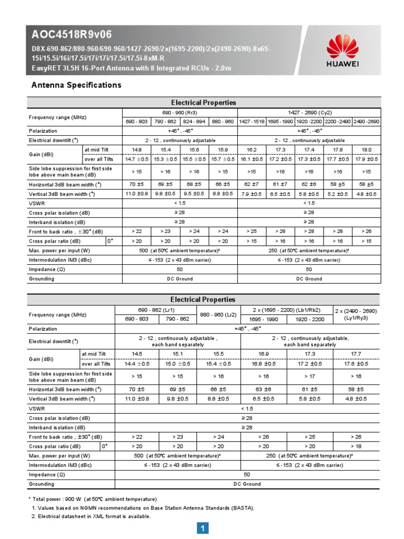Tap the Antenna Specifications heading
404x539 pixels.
(x=76, y=85)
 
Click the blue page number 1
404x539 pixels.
(x=203, y=528)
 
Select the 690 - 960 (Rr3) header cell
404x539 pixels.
(x=180, y=113)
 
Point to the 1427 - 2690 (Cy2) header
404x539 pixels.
(x=309, y=113)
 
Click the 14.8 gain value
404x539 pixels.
(x=137, y=149)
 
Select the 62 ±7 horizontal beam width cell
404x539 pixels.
(x=251, y=184)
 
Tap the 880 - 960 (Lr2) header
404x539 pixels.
(x=218, y=314)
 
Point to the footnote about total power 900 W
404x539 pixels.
(x=93, y=498)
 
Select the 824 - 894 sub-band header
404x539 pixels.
(x=195, y=122)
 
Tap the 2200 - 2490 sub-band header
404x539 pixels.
(x=337, y=122)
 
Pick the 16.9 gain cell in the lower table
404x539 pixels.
(x=264, y=354)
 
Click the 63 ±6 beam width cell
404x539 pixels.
(x=264, y=389)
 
